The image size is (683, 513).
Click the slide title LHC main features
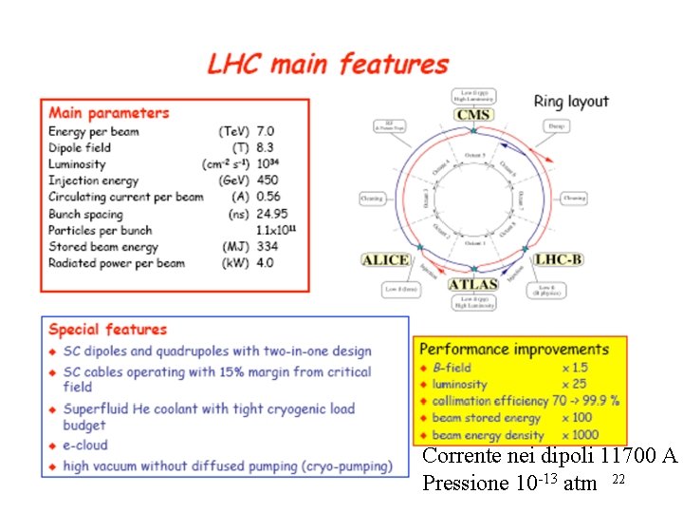click(327, 65)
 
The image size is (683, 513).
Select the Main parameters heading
click(109, 113)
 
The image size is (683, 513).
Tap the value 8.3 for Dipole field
click(265, 147)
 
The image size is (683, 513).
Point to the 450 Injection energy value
click(268, 180)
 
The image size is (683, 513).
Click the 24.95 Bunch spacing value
click(272, 214)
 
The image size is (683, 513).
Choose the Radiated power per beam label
click(117, 263)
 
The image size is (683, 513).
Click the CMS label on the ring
click(473, 116)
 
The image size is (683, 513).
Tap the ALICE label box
click(387, 259)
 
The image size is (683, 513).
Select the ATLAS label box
click(472, 284)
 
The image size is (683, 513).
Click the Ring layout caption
click(571, 102)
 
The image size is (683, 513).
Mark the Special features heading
click(107, 330)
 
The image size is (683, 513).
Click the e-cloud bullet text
click(85, 445)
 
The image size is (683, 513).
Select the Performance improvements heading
click(514, 350)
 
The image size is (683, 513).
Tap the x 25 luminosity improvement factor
click(573, 384)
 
